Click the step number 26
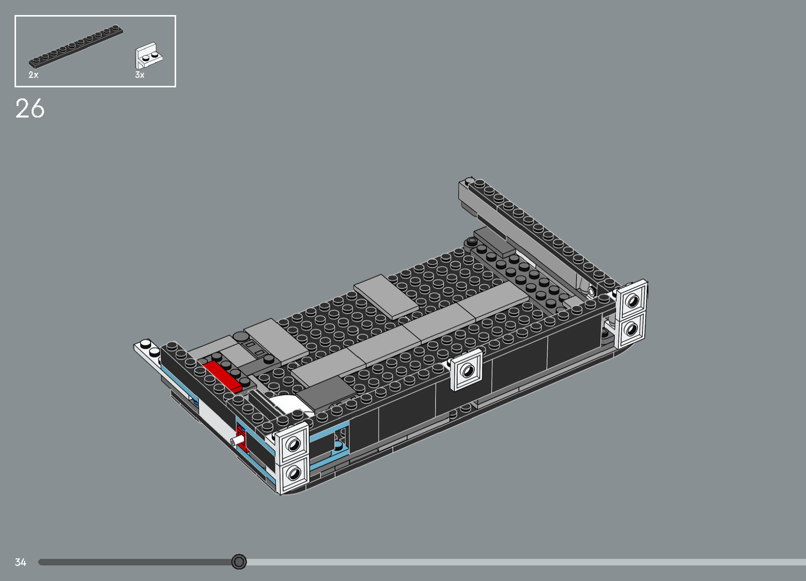30,108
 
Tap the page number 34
20,562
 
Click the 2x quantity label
33,75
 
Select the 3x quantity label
140,75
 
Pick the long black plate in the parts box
75,47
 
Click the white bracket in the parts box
149,55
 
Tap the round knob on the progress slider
239,561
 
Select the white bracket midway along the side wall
467,370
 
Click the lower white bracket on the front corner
293,473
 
